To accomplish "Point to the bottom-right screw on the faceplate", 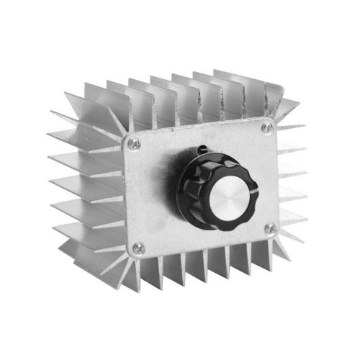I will click(x=270, y=229).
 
